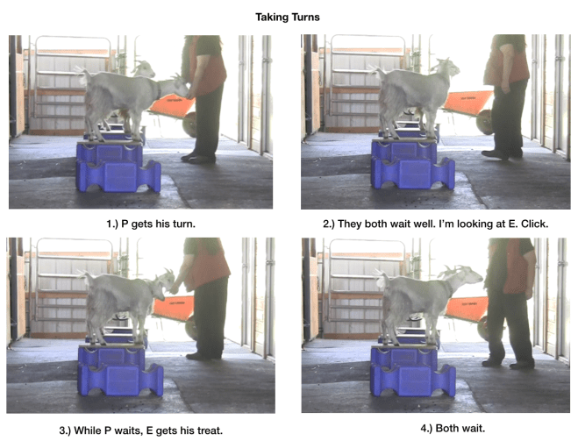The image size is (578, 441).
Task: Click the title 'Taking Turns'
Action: point(289,16)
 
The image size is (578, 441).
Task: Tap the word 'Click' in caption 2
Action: point(534,224)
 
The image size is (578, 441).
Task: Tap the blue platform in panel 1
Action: point(118,167)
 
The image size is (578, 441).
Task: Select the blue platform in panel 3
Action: point(118,369)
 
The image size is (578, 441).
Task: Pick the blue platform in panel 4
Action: point(412,369)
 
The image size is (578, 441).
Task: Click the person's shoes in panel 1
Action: point(198,158)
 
